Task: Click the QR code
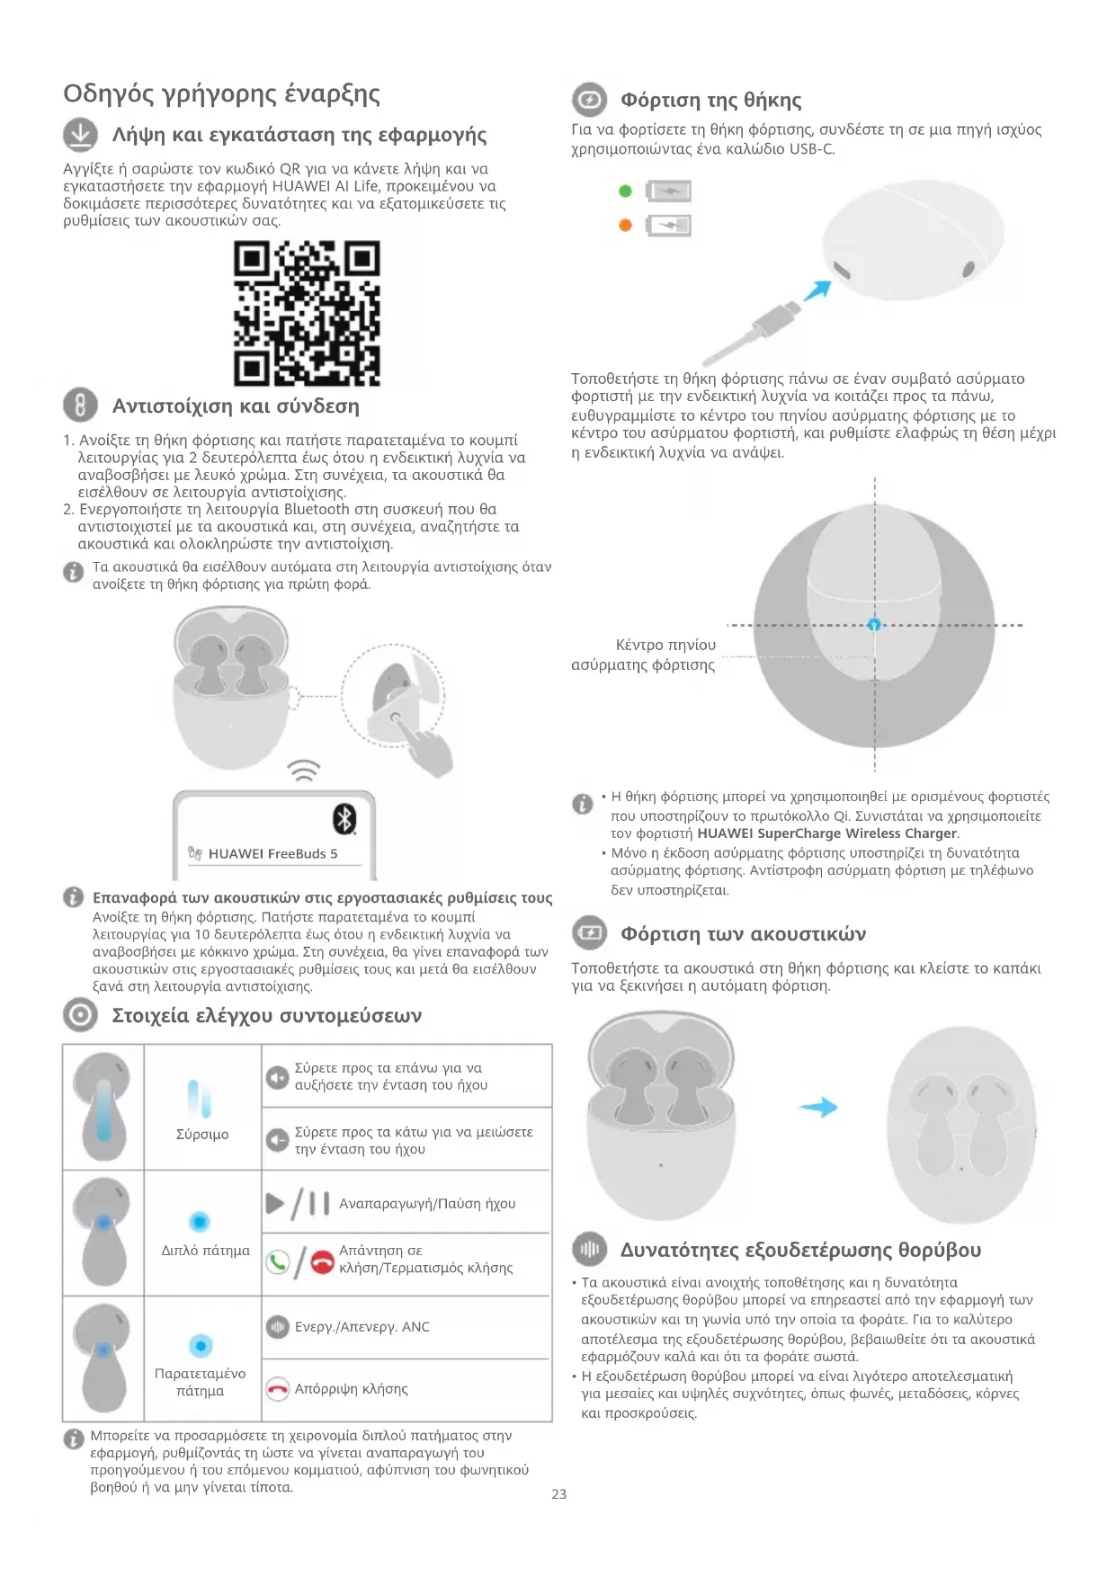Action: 307,313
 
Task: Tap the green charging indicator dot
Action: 626,191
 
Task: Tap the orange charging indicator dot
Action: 626,225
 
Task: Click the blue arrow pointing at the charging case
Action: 817,291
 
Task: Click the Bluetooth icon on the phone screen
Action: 344,819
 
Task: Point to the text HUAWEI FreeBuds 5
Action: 272,854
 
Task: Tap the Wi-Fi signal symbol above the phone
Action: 304,771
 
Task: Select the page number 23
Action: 558,1494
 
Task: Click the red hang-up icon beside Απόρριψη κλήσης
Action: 278,1389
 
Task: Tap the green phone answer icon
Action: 278,1262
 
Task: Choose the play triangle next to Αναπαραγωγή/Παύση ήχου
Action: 275,1203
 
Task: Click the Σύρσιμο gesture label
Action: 202,1135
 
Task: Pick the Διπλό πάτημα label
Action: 205,1251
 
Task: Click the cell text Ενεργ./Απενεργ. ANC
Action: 362,1327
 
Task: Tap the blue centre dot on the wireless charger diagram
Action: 874,625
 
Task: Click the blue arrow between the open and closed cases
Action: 818,1107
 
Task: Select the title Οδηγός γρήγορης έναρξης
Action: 221,94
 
